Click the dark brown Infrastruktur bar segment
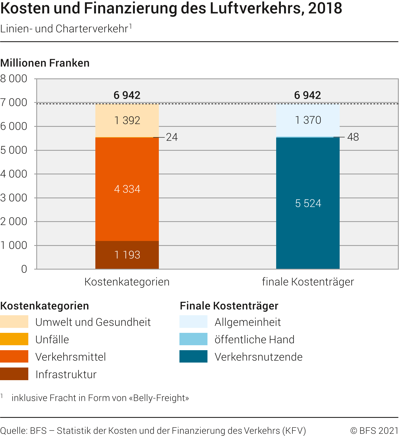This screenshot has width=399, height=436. click(x=127, y=255)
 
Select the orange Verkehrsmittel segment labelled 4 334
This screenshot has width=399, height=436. click(x=127, y=189)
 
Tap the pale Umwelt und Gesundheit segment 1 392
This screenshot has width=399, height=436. click(x=127, y=120)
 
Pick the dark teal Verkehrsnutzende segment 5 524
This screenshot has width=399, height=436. click(x=308, y=203)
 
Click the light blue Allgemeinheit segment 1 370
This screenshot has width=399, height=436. click(x=308, y=120)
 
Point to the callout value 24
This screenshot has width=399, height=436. click(x=172, y=137)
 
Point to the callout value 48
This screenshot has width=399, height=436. click(x=353, y=137)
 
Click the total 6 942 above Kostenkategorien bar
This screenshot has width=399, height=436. click(x=127, y=95)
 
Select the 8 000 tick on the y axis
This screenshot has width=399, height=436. click(x=14, y=79)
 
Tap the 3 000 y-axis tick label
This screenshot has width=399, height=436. click(x=14, y=198)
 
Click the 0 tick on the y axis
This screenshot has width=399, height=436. click(x=24, y=269)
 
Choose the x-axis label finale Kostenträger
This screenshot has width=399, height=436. click(x=308, y=282)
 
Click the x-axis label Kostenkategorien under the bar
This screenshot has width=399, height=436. click(x=127, y=282)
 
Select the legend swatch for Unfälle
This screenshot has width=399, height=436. click(x=14, y=339)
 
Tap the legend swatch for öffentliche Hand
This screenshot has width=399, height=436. click(x=193, y=339)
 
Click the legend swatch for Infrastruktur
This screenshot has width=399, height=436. click(x=14, y=374)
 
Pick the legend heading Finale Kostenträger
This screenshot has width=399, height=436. click(x=229, y=306)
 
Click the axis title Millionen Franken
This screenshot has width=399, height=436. click(x=45, y=63)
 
